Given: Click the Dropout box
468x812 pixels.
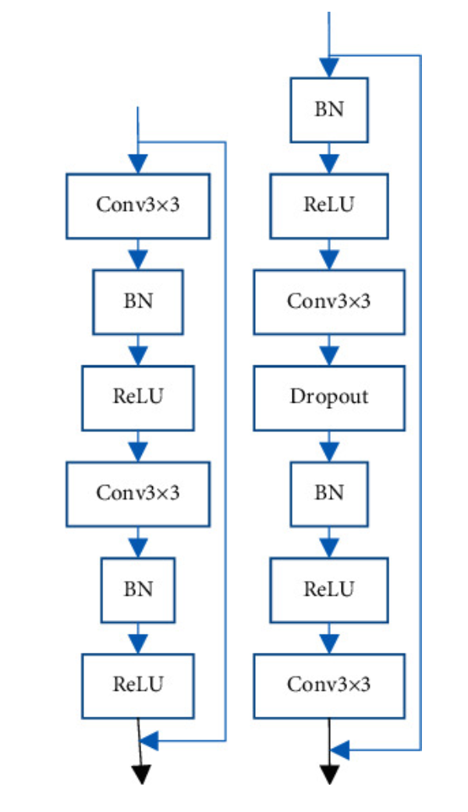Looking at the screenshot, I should click(x=328, y=397).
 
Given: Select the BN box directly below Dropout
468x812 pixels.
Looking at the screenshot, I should click(x=328, y=493).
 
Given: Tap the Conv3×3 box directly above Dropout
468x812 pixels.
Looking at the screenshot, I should click(x=328, y=301).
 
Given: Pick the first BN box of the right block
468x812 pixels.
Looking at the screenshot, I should click(x=328, y=109).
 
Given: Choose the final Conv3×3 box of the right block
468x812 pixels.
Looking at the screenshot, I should click(x=328, y=685).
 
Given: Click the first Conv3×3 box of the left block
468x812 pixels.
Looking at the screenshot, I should click(x=138, y=205).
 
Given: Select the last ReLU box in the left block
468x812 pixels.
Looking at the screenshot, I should click(x=138, y=685).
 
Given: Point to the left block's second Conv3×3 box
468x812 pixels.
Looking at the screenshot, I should click(x=138, y=493).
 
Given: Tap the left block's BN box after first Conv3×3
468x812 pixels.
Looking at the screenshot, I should click(x=138, y=301).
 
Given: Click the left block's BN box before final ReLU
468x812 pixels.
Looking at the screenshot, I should click(x=138, y=589).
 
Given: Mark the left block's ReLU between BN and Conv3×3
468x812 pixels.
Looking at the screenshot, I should click(x=138, y=397).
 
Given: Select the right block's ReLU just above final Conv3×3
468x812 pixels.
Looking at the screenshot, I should click(x=328, y=589).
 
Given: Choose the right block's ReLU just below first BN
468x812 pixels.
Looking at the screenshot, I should click(x=328, y=205).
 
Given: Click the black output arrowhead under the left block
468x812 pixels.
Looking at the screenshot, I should click(x=141, y=775).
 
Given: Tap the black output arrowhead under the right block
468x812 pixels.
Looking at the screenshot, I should click(x=330, y=775).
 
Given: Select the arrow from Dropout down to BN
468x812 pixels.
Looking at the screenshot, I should click(x=328, y=447).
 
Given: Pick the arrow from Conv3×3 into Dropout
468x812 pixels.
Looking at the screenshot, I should click(x=328, y=351).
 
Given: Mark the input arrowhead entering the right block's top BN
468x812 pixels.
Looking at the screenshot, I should click(x=328, y=68).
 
